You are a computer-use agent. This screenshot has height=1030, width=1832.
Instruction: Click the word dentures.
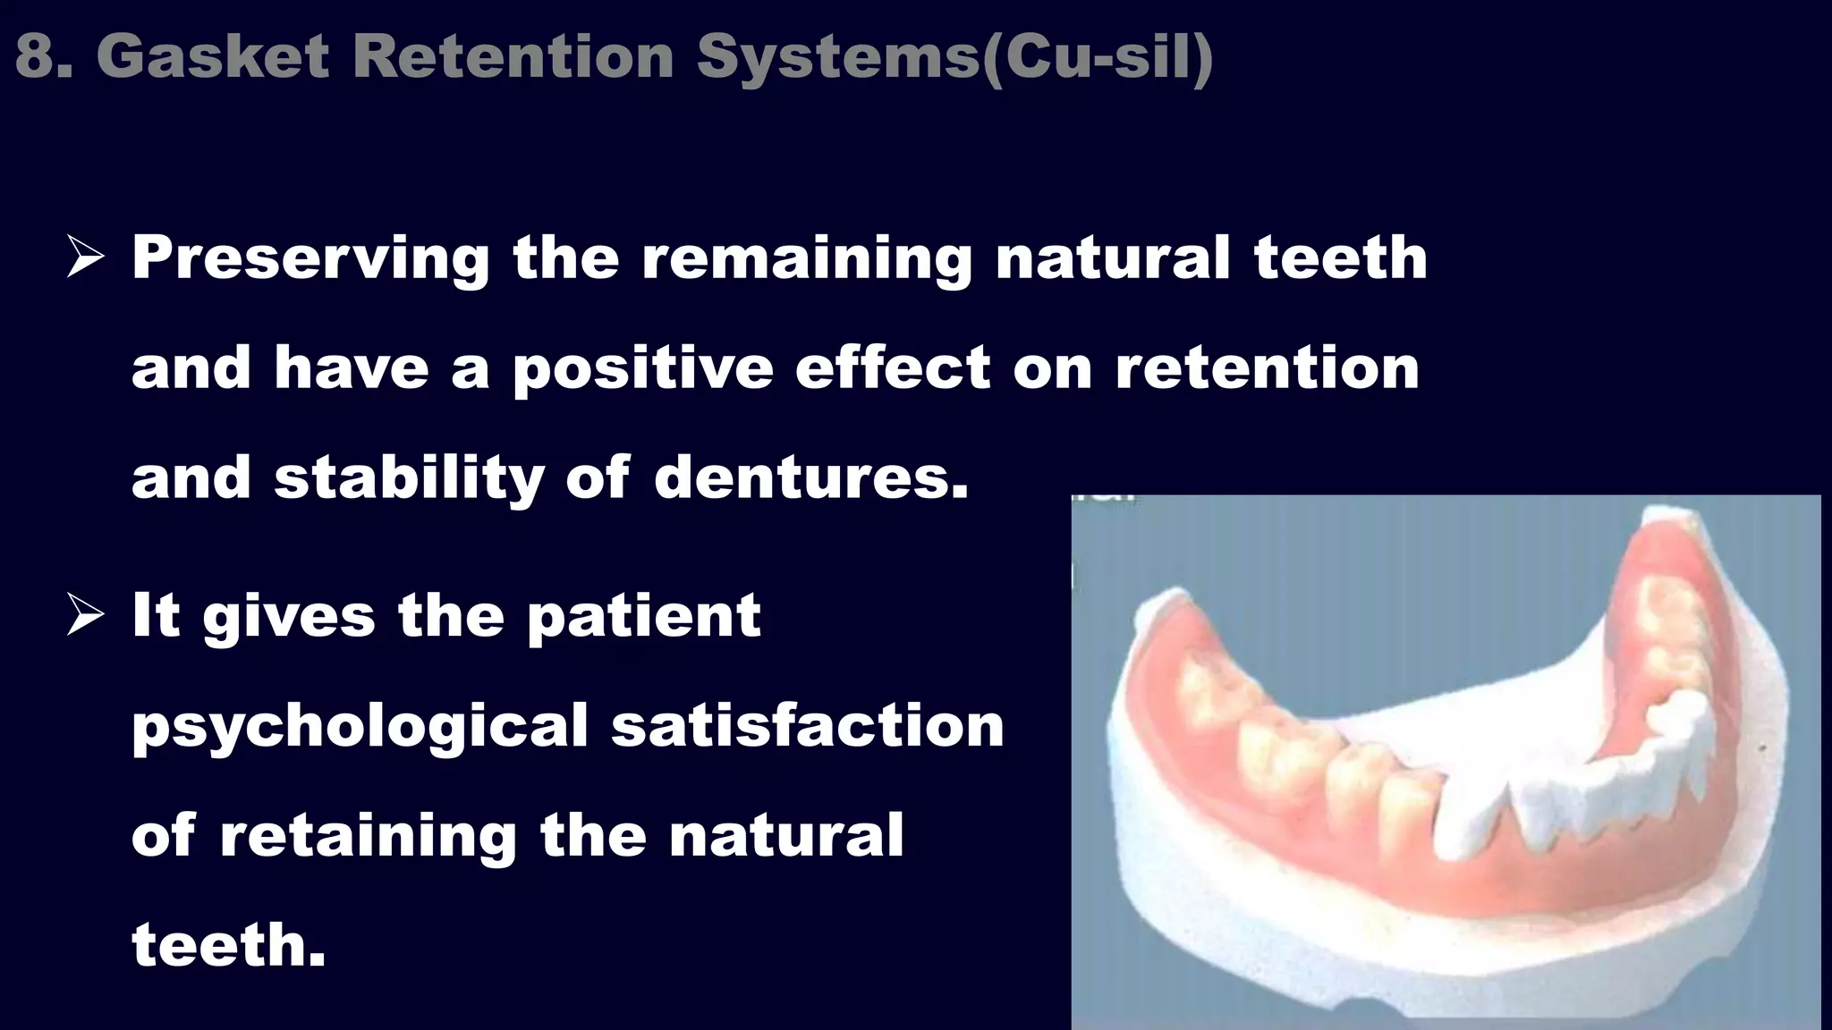tap(810, 478)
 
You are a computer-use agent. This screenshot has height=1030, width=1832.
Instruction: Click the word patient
tap(643, 616)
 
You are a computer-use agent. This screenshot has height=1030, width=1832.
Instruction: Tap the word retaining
tap(368, 836)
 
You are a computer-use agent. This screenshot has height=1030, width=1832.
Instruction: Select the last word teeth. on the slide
tap(228, 946)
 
